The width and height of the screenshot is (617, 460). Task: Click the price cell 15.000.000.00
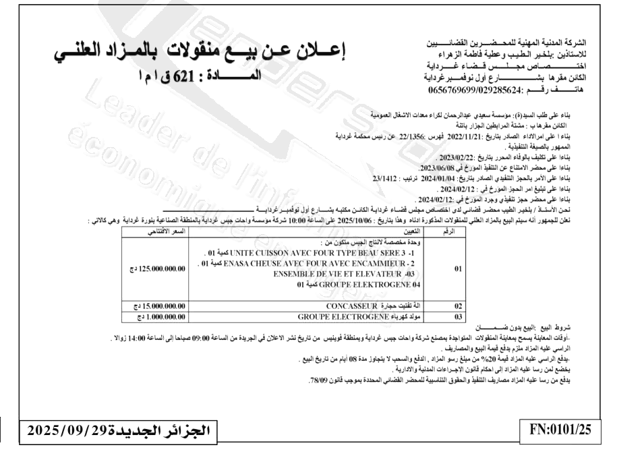coord(159,306)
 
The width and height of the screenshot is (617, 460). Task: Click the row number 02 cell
coord(457,306)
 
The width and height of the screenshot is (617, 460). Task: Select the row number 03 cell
coord(457,315)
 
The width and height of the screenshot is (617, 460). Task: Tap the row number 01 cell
coord(457,268)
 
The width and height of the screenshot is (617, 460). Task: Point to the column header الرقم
coord(458,231)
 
